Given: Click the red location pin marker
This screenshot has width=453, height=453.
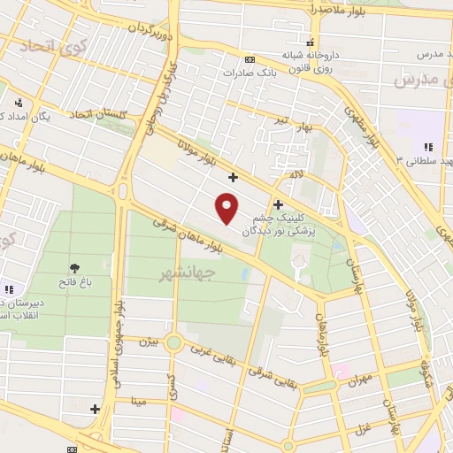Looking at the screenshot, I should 227,208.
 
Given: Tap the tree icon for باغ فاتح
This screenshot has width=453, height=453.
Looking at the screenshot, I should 73,267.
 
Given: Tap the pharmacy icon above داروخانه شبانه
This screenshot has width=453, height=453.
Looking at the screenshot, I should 309,42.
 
